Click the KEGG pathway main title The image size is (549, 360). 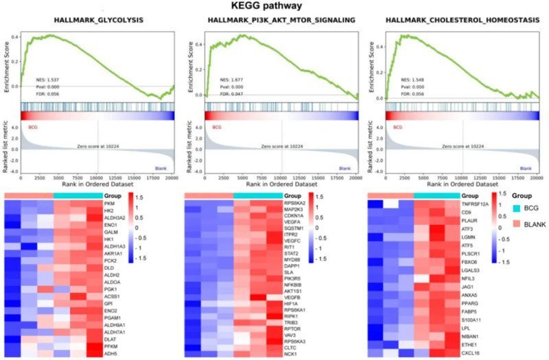pyautogui.click(x=274, y=5)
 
